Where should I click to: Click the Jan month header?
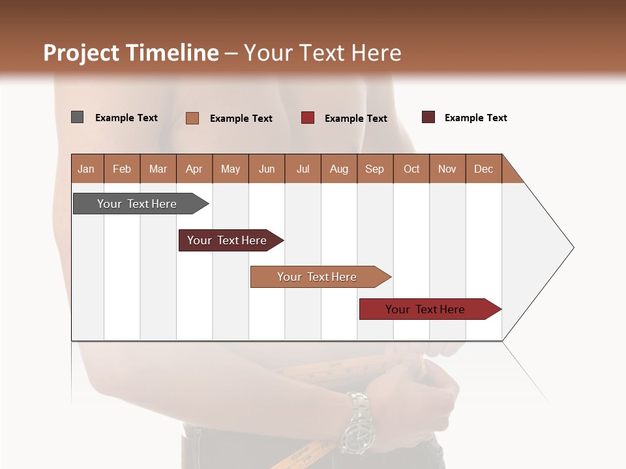[86, 169]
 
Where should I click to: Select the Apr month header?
[194, 169]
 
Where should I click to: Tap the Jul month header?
[303, 169]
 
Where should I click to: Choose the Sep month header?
[374, 169]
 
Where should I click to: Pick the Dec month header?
[483, 169]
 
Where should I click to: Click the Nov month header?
[447, 169]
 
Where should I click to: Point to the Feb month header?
[122, 169]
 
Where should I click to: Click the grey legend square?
[77, 117]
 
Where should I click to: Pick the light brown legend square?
[192, 118]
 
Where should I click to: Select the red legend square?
[308, 117]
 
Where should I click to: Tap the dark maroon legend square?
[428, 117]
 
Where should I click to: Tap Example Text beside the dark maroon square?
[475, 118]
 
